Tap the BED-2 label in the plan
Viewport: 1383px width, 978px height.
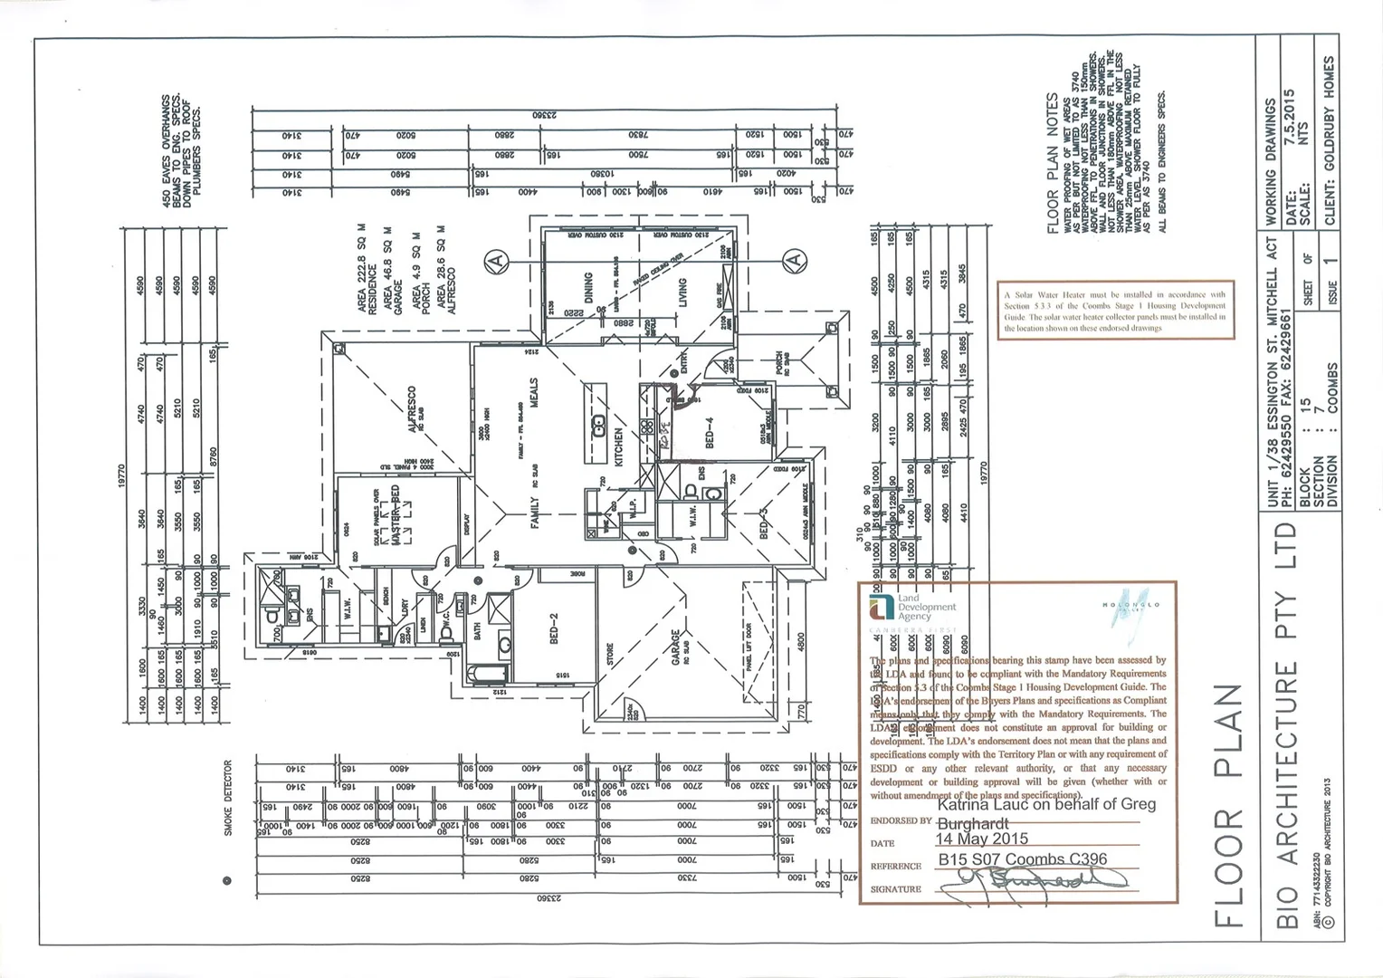tap(554, 628)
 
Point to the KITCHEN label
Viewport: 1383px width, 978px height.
tap(620, 447)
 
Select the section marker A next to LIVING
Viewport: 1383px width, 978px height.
tap(794, 261)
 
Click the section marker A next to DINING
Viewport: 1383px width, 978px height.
tap(495, 261)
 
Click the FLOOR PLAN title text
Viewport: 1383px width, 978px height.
tap(1228, 805)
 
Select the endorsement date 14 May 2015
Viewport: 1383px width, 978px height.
tap(983, 839)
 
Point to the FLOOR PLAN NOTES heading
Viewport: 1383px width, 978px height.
tap(1053, 163)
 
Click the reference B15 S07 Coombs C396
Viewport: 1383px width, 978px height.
tap(1022, 859)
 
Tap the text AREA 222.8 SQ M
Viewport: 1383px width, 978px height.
tap(362, 269)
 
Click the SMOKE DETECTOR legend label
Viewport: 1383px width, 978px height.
tap(228, 797)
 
